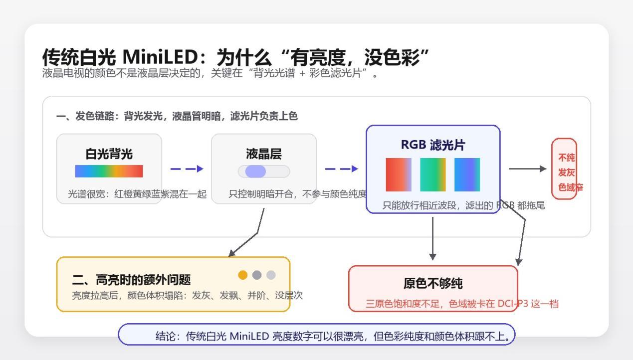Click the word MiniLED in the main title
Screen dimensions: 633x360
(x=160, y=57)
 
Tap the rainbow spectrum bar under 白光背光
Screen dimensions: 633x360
(x=109, y=171)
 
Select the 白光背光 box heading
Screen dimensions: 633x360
(x=109, y=154)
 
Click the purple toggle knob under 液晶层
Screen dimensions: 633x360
(x=255, y=171)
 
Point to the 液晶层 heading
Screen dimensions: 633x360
(x=264, y=154)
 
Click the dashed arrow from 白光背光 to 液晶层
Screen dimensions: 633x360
(x=187, y=169)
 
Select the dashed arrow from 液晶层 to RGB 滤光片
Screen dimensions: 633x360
(x=342, y=169)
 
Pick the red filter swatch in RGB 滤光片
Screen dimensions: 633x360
(x=399, y=175)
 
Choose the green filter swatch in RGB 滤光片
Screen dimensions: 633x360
(x=432, y=175)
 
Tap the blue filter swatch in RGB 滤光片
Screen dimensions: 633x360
(x=467, y=175)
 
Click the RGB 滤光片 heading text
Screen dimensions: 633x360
(x=433, y=145)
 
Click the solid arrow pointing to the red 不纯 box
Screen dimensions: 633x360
(x=528, y=169)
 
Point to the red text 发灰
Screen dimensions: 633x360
(x=566, y=172)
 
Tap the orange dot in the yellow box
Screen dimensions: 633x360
(x=243, y=275)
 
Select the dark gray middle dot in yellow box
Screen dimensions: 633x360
(x=257, y=275)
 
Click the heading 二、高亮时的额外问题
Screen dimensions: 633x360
(x=131, y=280)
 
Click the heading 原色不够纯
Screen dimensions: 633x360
(x=433, y=283)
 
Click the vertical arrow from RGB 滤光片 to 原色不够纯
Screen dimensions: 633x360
(x=432, y=238)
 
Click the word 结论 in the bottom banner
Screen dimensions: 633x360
(x=165, y=336)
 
